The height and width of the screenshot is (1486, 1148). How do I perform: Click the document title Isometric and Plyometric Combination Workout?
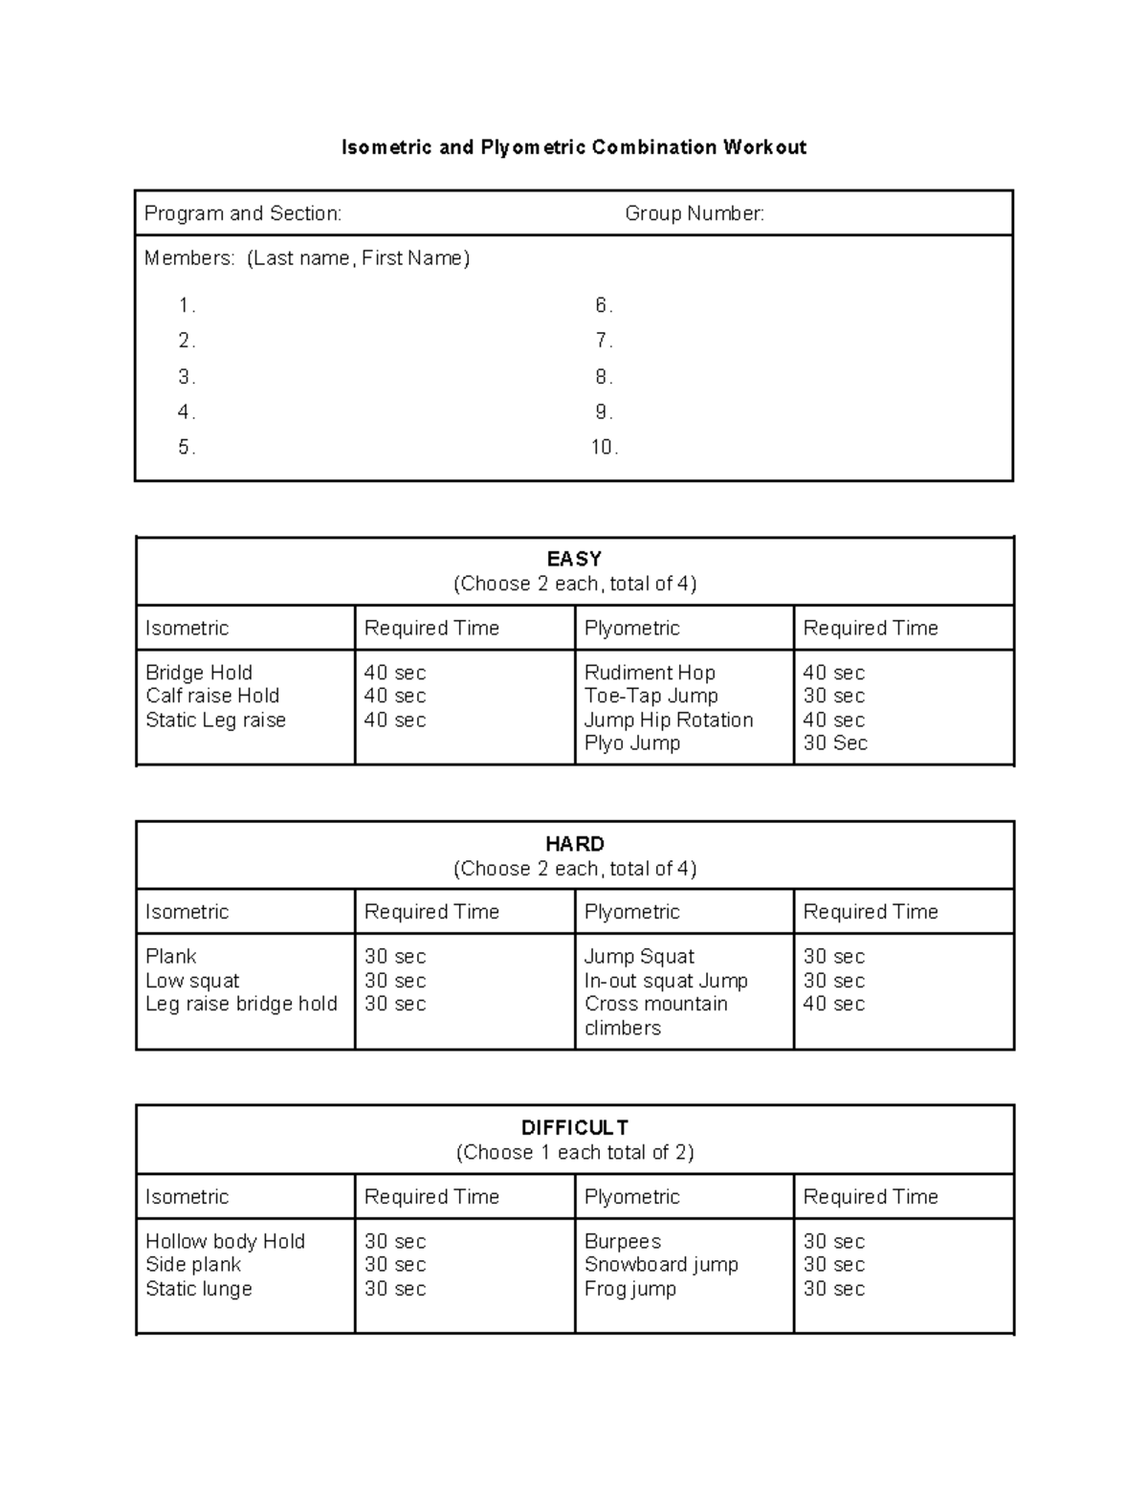click(574, 147)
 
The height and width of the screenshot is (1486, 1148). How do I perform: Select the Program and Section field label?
click(242, 213)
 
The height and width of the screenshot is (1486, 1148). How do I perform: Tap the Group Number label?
click(695, 213)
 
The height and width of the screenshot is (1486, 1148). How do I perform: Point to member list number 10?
click(604, 448)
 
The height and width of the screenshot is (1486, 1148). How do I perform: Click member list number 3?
click(187, 377)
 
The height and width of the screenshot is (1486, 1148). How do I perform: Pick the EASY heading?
click(574, 559)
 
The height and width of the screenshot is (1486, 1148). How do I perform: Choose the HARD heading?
click(574, 844)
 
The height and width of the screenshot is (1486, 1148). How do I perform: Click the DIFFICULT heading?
click(574, 1128)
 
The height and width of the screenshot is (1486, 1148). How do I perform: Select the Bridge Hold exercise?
click(199, 673)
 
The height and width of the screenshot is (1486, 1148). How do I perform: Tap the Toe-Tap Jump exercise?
click(651, 696)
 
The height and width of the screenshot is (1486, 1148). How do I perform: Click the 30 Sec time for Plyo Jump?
click(835, 743)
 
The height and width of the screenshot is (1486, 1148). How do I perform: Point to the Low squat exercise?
click(192, 981)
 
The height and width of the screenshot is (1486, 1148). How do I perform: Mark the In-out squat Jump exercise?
click(666, 981)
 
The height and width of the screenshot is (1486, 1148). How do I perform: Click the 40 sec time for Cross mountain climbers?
click(834, 1004)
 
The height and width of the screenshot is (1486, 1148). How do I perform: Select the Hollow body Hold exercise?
click(225, 1241)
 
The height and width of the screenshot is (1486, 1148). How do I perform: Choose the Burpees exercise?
click(623, 1241)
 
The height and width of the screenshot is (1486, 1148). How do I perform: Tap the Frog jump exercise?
click(630, 1289)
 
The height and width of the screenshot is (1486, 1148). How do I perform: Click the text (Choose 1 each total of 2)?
click(574, 1152)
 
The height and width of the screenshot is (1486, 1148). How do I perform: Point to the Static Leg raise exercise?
click(215, 720)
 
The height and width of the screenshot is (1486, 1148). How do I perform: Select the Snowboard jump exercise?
click(661, 1264)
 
